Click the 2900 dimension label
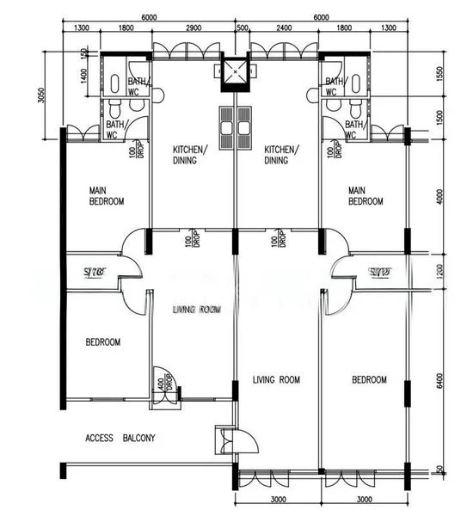(194, 28)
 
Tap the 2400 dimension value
(284, 28)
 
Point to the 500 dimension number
(243, 28)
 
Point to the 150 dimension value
(83, 53)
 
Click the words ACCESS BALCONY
(120, 439)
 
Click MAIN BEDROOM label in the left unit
(108, 195)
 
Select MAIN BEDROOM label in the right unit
(366, 195)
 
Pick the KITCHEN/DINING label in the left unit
(189, 154)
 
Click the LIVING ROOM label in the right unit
(276, 379)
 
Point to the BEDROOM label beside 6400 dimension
(369, 379)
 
